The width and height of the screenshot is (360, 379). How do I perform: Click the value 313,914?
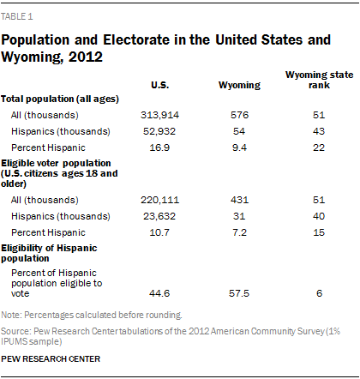160,113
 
